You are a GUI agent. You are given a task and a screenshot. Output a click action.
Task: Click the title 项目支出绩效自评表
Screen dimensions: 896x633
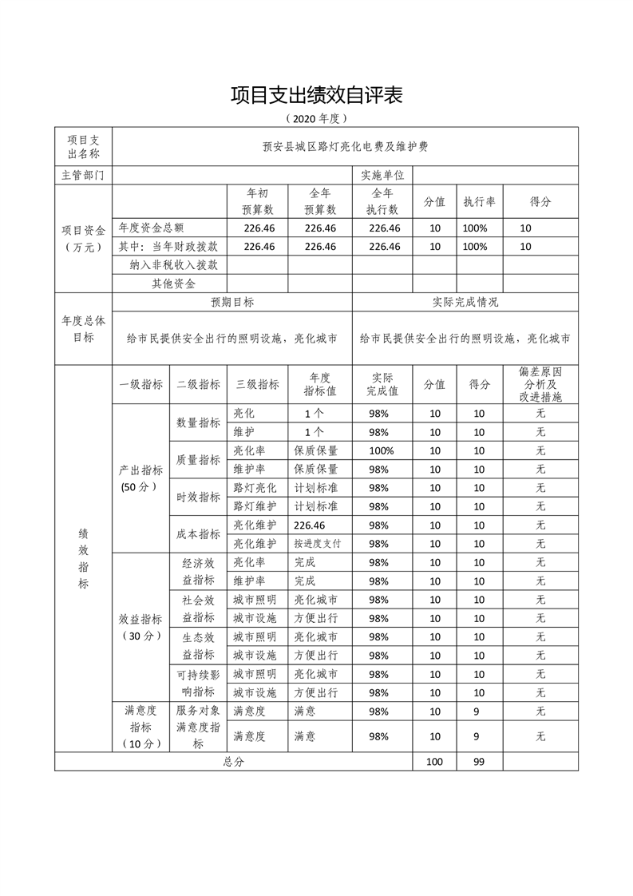[x=316, y=95]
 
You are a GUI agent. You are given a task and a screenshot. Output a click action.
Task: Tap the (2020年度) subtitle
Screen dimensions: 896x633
[x=316, y=119]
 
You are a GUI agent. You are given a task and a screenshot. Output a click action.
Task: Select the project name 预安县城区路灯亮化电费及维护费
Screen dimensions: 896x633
[x=345, y=147]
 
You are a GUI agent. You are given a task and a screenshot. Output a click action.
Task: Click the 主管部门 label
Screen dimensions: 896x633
[x=83, y=175]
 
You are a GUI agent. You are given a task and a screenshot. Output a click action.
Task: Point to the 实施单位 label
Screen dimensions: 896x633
[x=382, y=175]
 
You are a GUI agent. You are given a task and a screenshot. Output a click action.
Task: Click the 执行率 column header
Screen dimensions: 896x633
[x=479, y=202]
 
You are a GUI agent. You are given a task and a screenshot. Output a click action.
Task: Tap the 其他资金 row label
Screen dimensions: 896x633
[x=174, y=283]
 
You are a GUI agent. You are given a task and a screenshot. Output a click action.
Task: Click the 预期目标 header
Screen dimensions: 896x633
[x=232, y=303]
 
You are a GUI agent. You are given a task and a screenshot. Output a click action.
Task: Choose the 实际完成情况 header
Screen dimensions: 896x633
[x=465, y=303]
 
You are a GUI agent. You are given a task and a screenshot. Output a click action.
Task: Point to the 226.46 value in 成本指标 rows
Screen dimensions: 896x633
[x=310, y=525]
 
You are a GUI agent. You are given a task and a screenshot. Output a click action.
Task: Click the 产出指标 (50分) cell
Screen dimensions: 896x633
[x=140, y=478]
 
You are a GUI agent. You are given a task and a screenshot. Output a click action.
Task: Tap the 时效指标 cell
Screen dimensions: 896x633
[x=198, y=497]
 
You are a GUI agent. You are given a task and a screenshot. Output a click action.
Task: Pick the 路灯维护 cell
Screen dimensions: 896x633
[x=255, y=506]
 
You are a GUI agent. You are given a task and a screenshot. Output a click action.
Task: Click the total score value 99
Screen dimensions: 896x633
[x=479, y=762]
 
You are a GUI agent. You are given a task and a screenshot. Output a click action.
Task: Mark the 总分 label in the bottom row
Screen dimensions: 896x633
[x=233, y=762]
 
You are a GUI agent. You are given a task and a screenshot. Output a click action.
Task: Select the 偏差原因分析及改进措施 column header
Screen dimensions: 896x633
[x=540, y=384]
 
